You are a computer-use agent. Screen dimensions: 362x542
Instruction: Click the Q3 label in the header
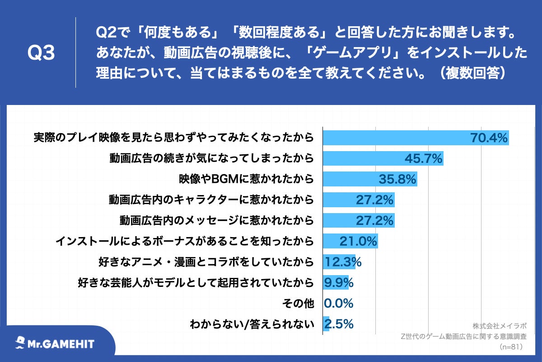(41, 53)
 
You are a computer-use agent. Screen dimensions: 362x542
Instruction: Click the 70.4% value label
(489, 138)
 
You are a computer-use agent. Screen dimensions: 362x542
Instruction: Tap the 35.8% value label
(397, 179)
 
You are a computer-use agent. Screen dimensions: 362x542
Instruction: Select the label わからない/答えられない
(252, 324)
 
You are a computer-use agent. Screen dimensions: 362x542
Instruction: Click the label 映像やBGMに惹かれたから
(246, 179)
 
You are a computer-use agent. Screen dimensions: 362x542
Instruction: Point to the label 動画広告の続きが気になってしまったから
(211, 158)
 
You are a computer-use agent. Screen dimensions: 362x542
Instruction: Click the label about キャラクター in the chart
(211, 200)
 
